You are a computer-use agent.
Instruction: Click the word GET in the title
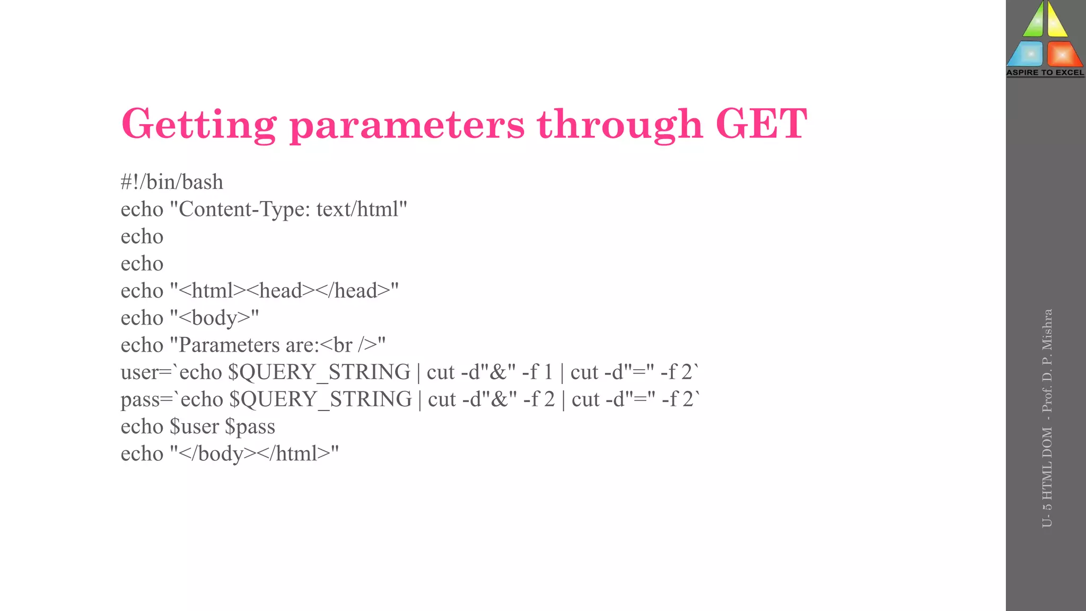coord(761,124)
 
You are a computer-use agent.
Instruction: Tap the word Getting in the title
coord(199,125)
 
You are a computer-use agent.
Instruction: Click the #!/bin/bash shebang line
coord(172,182)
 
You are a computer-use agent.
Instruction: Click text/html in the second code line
coord(362,209)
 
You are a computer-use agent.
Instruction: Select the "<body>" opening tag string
coord(214,318)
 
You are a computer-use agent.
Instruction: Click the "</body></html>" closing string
coord(255,453)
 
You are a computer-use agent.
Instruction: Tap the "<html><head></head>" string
coord(284,291)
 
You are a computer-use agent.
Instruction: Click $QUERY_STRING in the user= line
coord(319,372)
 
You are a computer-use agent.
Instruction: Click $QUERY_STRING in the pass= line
coord(320,399)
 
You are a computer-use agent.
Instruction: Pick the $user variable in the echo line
coord(194,426)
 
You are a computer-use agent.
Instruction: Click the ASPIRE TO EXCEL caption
coord(1045,73)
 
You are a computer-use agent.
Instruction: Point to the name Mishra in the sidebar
coord(1047,329)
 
